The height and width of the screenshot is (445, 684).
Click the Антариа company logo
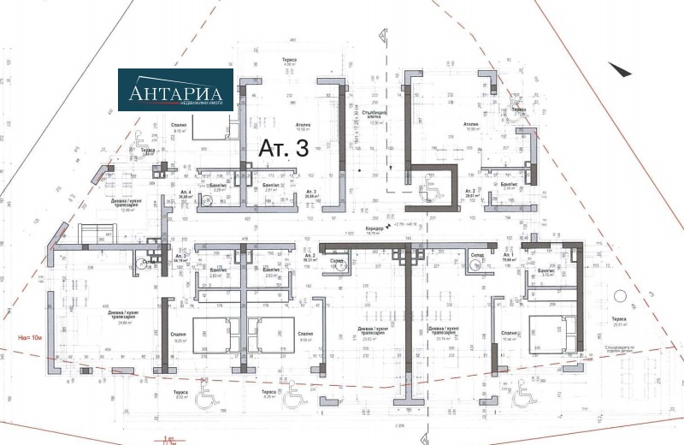pyautogui.click(x=174, y=90)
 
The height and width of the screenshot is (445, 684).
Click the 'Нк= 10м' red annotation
pyautogui.click(x=31, y=337)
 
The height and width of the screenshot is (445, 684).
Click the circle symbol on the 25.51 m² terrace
pyautogui.click(x=618, y=296)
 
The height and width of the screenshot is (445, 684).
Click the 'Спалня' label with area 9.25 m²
pyautogui.click(x=180, y=335)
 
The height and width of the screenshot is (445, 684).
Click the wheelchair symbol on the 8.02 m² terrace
pyautogui.click(x=205, y=396)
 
